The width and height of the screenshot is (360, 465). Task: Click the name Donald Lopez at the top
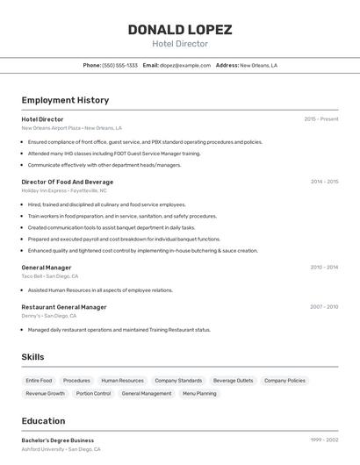180,30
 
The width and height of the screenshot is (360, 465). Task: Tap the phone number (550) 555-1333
120,65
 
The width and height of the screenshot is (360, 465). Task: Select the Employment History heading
65,100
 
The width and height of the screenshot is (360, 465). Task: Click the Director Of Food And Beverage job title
68,182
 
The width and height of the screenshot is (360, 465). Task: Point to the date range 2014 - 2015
324,182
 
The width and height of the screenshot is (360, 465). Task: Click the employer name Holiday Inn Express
44,190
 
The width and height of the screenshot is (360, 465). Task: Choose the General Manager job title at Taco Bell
47,267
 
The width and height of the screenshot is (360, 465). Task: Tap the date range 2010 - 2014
324,267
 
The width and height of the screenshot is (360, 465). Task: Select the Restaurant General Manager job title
64,307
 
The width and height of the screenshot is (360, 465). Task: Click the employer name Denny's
31,316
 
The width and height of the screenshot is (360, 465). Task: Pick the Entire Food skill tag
39,381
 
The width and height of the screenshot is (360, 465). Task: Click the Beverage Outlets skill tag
233,381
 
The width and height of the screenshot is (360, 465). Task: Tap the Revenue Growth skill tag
45,394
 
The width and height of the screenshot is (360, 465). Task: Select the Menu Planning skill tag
199,394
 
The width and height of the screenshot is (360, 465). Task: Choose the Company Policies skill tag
284,381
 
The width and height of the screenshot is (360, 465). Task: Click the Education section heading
43,421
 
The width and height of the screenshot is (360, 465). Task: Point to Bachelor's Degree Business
58,440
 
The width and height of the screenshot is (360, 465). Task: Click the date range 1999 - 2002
324,440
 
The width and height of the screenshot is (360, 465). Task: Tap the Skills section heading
32,357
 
